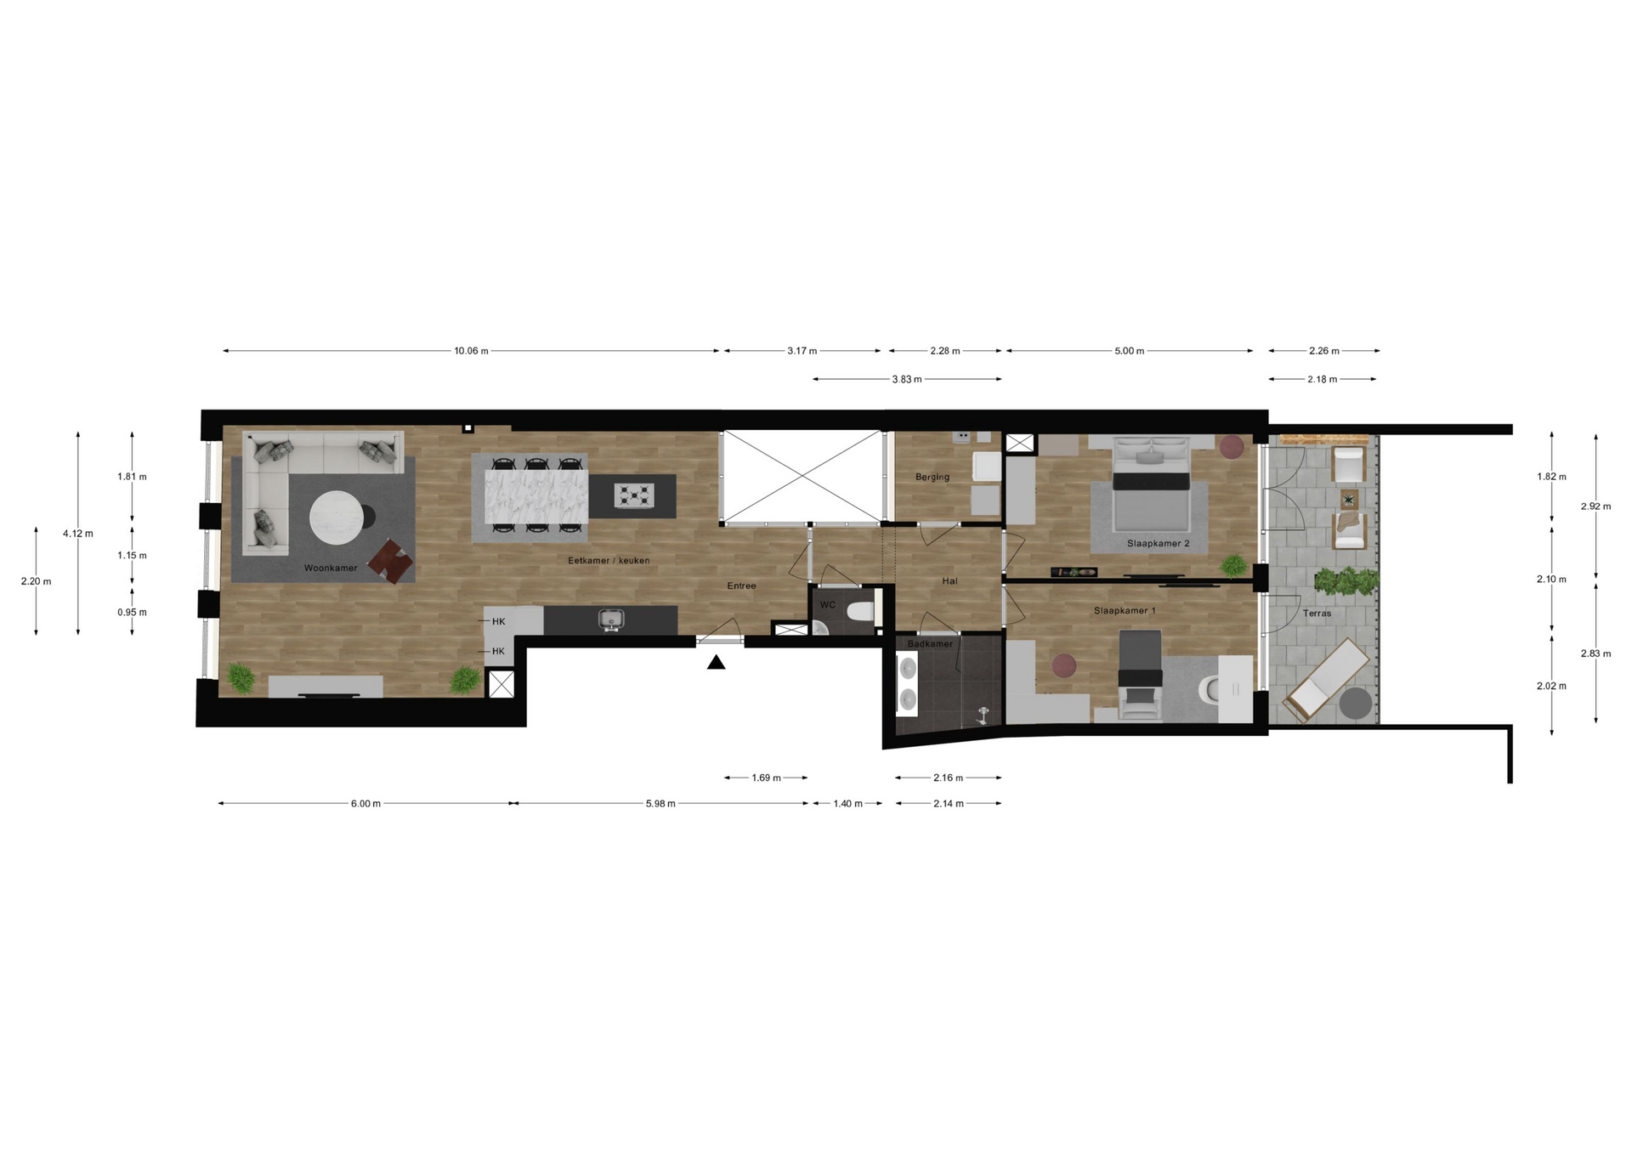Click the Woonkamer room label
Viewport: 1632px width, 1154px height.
coord(331,568)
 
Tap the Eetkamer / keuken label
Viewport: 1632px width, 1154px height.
coord(609,561)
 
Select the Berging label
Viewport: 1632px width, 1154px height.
coord(932,478)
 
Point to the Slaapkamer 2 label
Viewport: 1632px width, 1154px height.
coord(1159,543)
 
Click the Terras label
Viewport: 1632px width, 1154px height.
coord(1317,613)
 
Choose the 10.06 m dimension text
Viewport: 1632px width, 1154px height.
coord(471,351)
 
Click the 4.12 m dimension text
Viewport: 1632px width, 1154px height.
coord(78,534)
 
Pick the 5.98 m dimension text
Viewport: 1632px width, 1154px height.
coord(660,804)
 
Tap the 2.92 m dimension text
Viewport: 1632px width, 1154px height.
coord(1595,506)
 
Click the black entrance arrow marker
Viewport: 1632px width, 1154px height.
coord(717,662)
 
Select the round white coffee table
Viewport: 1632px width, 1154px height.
coord(337,518)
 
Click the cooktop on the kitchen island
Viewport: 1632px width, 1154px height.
coord(634,495)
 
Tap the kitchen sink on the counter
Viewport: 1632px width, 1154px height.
coord(610,620)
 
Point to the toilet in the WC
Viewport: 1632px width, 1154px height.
coord(863,611)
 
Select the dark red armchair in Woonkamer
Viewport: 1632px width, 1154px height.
coord(391,561)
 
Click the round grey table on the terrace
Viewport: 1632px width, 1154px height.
coord(1356,704)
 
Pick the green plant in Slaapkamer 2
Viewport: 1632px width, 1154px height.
coord(1233,565)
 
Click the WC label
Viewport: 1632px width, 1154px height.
coord(828,605)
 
